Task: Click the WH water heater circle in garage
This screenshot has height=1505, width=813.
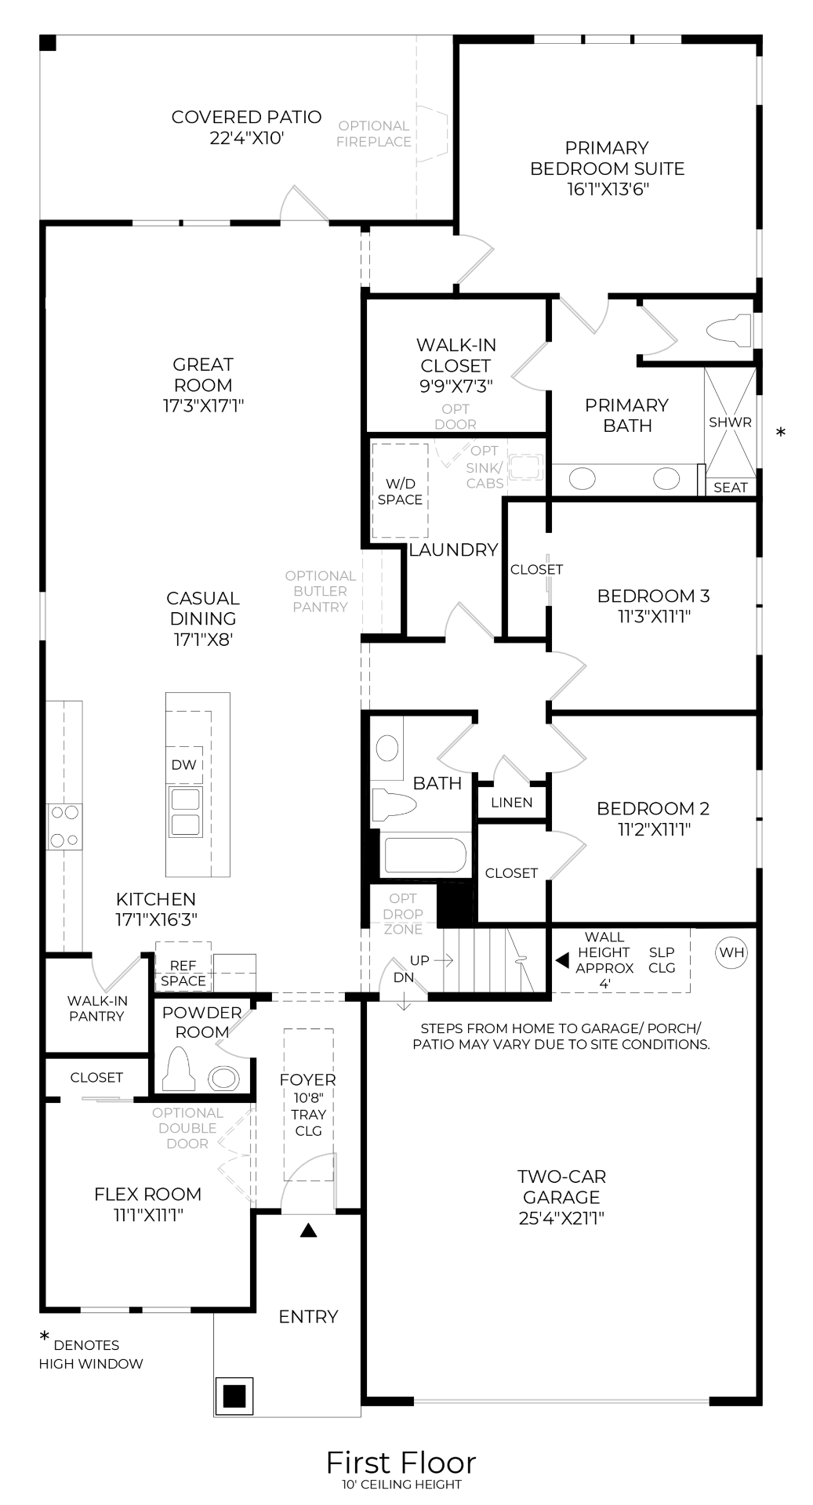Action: coord(731,952)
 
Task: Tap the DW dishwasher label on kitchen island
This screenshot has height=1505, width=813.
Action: coord(183,765)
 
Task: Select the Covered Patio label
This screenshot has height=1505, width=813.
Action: coord(246,118)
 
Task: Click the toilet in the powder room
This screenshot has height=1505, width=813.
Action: coord(178,1071)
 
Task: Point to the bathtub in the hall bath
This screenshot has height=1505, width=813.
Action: coord(425,855)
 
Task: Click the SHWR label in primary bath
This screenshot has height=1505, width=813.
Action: coord(730,422)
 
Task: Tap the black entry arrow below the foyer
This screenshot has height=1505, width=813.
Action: coord(308,1231)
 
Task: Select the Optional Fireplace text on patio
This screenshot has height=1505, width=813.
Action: coord(374,134)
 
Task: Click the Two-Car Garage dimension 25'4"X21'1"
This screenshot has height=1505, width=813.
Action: coord(561,1218)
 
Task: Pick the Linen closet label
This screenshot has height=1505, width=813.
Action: coord(511,803)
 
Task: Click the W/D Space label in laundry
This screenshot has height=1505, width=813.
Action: coord(400,492)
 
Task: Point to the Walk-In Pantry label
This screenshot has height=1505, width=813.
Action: coord(96,1009)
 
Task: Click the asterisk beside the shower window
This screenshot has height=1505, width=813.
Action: coord(780,433)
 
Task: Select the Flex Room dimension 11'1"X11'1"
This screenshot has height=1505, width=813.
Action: coord(148,1215)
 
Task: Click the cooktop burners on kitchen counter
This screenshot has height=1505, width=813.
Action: coord(64,826)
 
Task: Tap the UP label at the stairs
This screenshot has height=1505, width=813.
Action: coord(419,960)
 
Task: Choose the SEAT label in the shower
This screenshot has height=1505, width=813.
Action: coord(730,488)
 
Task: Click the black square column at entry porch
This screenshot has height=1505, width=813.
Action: coord(234,1395)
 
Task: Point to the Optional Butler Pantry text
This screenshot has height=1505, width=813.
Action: coord(320,591)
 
